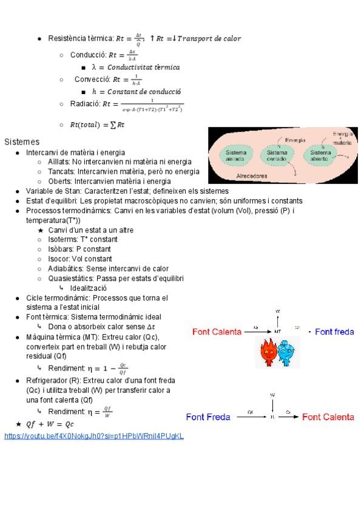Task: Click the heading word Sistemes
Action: click(22, 142)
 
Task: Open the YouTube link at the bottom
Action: click(94, 436)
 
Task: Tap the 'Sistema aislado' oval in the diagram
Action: click(236, 155)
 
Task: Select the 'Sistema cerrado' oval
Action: click(277, 155)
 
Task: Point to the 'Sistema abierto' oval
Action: click(321, 155)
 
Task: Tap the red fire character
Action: click(268, 352)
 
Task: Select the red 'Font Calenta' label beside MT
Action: click(217, 332)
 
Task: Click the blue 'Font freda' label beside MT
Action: click(334, 332)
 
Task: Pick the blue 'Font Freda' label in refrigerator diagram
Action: click(208, 417)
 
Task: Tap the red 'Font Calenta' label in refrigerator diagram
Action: click(328, 417)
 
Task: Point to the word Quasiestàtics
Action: click(72, 278)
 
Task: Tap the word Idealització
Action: click(88, 288)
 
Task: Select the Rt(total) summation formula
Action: click(97, 125)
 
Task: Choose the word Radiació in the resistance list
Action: click(85, 104)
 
